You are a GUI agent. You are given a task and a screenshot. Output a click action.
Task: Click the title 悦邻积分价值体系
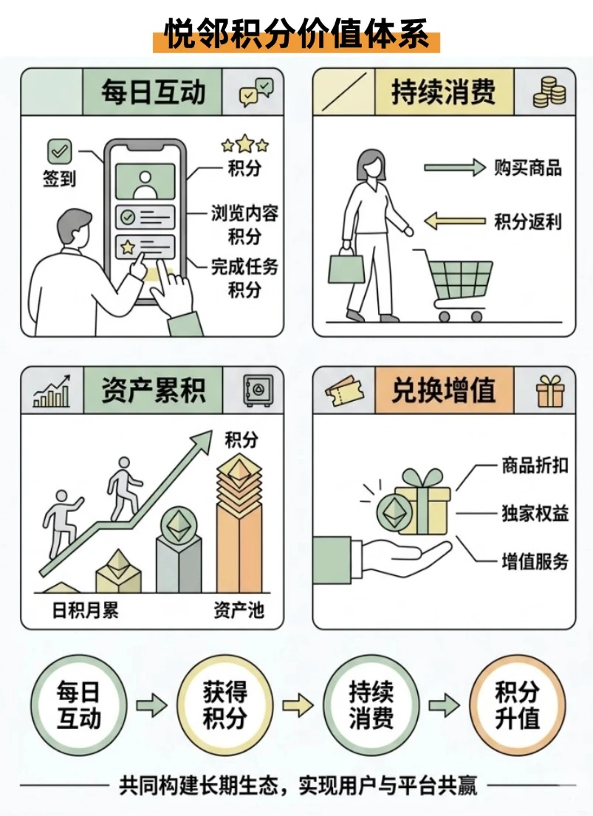[x=296, y=35]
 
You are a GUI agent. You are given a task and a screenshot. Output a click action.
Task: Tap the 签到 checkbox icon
[x=59, y=151]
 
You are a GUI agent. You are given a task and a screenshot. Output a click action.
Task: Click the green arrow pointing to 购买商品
[x=454, y=168]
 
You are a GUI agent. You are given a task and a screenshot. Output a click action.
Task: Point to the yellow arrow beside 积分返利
[x=454, y=221]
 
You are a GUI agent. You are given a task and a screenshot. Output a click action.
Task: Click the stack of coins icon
[x=549, y=92]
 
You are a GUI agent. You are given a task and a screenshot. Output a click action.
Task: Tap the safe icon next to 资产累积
[x=258, y=391]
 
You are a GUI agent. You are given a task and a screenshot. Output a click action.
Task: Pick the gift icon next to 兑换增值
[x=549, y=391]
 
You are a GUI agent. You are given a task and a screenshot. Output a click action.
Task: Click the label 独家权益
[x=535, y=513]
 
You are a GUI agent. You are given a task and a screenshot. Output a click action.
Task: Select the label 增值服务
[x=535, y=561]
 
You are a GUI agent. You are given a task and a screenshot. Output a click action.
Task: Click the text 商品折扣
[x=535, y=464]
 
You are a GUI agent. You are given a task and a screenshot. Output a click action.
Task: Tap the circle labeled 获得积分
[x=225, y=706]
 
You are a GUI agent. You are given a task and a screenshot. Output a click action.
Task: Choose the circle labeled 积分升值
[x=517, y=706]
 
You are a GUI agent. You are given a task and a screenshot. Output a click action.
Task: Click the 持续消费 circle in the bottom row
[x=371, y=706]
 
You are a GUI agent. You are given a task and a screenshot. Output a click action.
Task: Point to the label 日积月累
[x=86, y=610]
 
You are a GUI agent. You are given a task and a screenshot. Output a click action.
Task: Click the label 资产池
[x=239, y=610]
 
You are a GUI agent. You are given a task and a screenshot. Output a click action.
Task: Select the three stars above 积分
[x=244, y=144]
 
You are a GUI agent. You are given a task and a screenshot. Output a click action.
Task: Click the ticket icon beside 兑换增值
[x=343, y=391]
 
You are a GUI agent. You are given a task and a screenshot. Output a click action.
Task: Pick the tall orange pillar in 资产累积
[x=239, y=526]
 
